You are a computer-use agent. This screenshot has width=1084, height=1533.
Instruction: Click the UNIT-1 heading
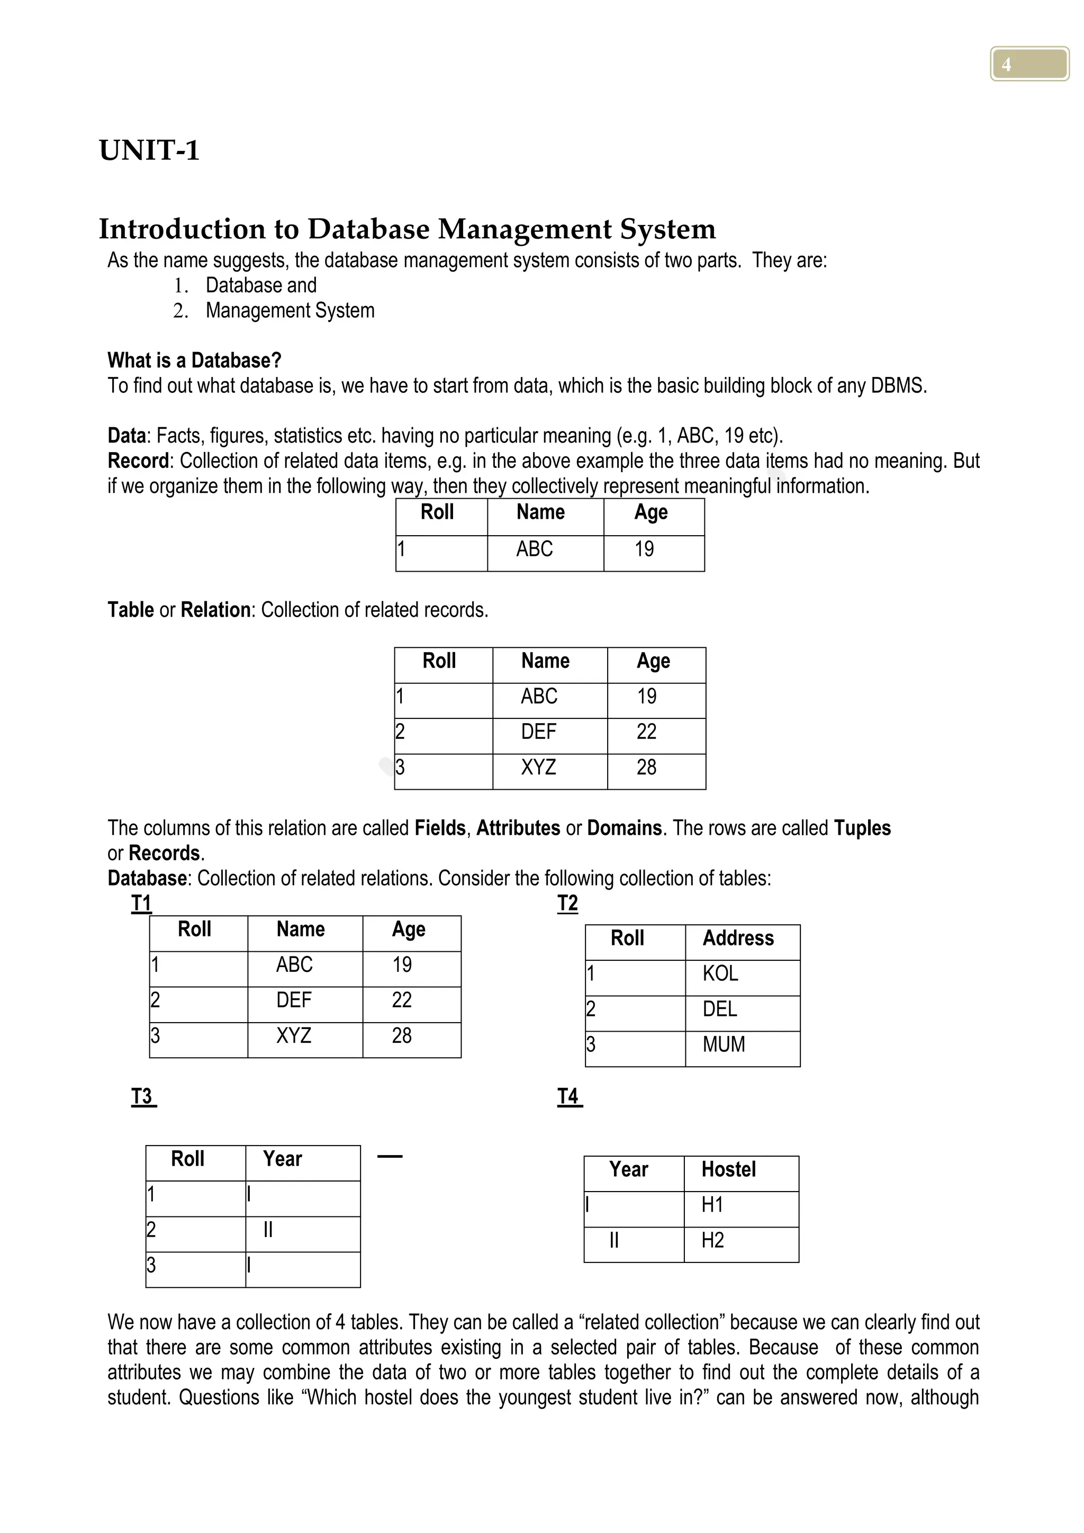click(149, 150)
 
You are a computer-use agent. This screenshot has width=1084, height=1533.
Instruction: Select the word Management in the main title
click(524, 229)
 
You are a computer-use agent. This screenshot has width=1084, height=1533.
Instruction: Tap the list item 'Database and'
click(260, 285)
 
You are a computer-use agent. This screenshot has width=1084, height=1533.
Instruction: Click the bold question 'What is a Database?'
click(194, 360)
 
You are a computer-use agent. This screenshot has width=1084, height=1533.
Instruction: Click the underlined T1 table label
click(141, 904)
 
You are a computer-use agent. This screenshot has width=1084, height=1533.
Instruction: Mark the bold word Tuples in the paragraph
click(862, 828)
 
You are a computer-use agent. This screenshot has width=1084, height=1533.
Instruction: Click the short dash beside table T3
click(390, 1157)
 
